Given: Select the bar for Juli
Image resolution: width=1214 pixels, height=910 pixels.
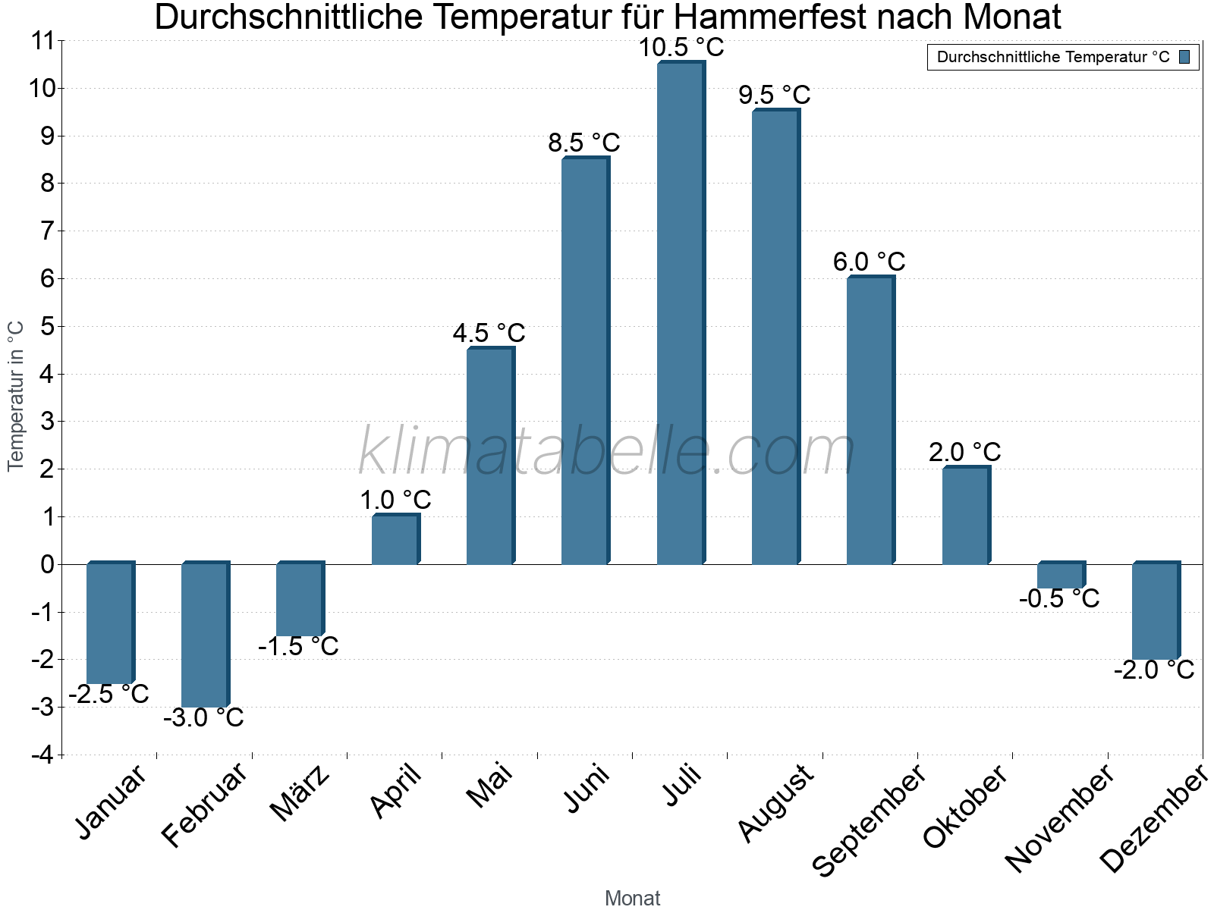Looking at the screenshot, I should [681, 313].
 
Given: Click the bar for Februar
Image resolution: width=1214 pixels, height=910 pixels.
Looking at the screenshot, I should [205, 635].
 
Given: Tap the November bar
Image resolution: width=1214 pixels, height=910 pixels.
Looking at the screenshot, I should [1061, 576].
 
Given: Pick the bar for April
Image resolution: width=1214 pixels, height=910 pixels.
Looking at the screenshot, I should [395, 540].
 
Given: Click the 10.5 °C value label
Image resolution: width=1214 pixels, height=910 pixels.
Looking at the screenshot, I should [681, 48].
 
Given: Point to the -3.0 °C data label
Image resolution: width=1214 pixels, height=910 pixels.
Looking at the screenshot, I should [204, 717].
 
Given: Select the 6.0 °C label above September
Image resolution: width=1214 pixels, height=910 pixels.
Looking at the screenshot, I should [870, 262].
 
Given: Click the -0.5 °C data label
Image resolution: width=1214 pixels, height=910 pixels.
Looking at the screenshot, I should [1059, 599].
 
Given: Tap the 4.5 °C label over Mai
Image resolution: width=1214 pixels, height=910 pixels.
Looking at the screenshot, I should [489, 333].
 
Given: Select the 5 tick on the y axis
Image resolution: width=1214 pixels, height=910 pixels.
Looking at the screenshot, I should [47, 327].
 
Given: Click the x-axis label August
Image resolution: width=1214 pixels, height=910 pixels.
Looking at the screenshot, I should [776, 804].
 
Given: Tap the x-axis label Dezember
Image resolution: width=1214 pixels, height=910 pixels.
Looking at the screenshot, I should [1154, 819].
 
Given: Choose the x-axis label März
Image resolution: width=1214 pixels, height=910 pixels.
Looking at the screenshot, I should [301, 794].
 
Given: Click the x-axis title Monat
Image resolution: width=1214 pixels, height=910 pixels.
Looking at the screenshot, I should [632, 898].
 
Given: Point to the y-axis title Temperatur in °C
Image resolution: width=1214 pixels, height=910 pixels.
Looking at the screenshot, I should [16, 396].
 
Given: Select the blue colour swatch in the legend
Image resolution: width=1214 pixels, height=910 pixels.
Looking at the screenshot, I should [1184, 57].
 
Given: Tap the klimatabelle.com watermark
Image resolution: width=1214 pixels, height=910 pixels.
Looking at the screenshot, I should [607, 452].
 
